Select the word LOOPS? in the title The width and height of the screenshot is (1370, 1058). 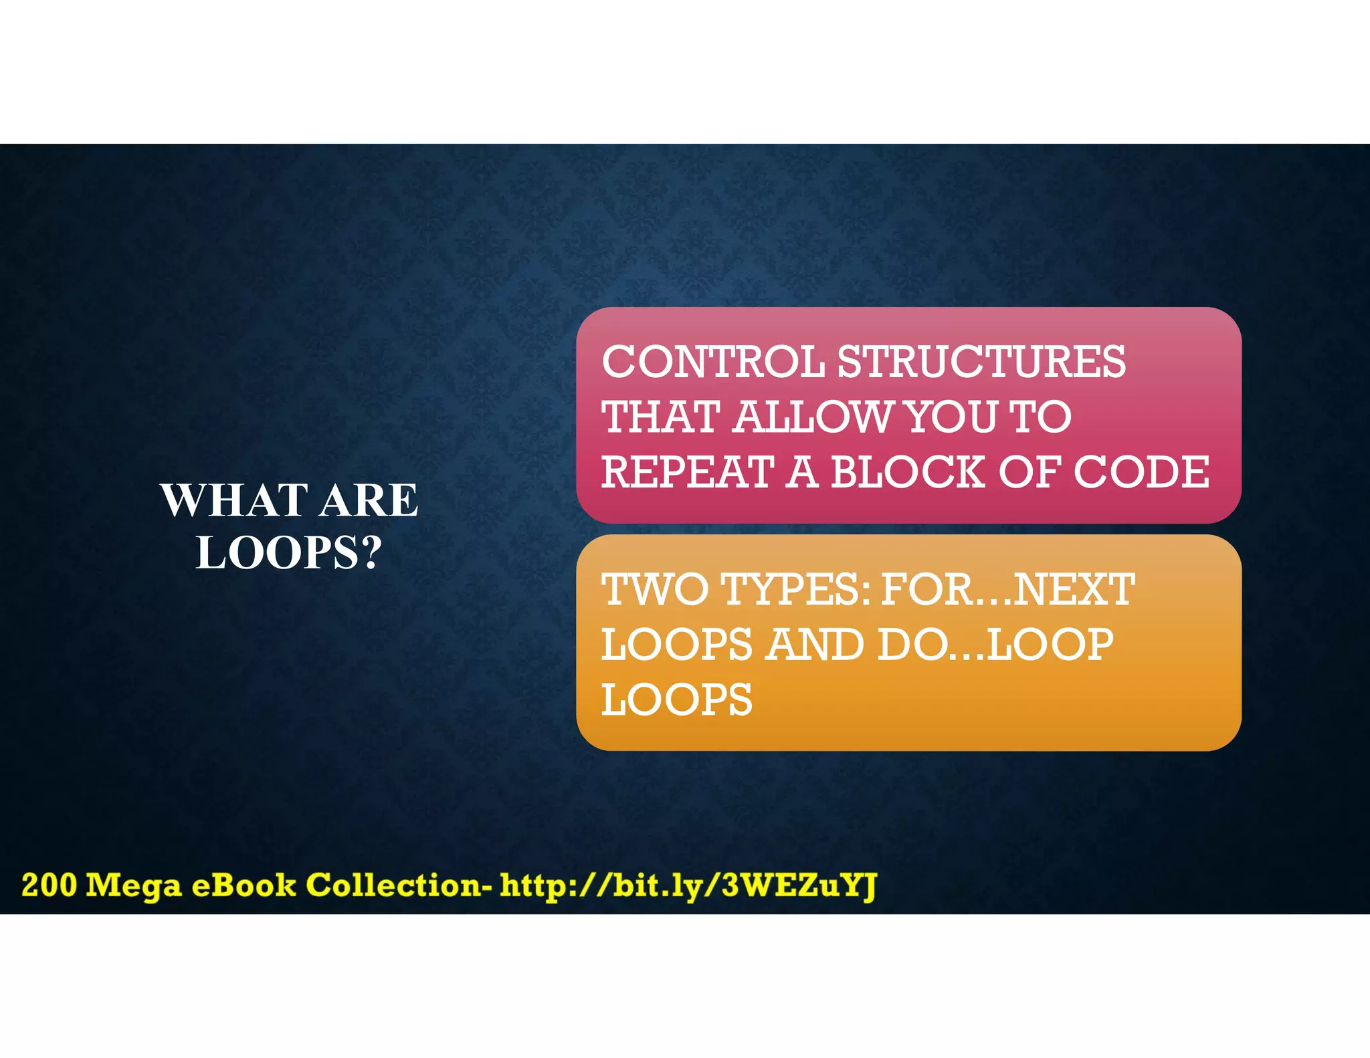click(x=289, y=553)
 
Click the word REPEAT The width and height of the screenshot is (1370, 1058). click(x=688, y=472)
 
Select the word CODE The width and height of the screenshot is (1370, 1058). click(x=1141, y=472)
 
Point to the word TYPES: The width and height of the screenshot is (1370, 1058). click(x=796, y=590)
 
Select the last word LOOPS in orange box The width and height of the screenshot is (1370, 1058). click(x=676, y=701)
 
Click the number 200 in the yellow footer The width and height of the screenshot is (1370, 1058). click(x=49, y=885)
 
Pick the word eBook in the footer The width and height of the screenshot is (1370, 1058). click(x=243, y=885)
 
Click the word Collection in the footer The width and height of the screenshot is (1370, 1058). click(x=393, y=885)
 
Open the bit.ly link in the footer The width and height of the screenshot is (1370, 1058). click(x=688, y=886)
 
